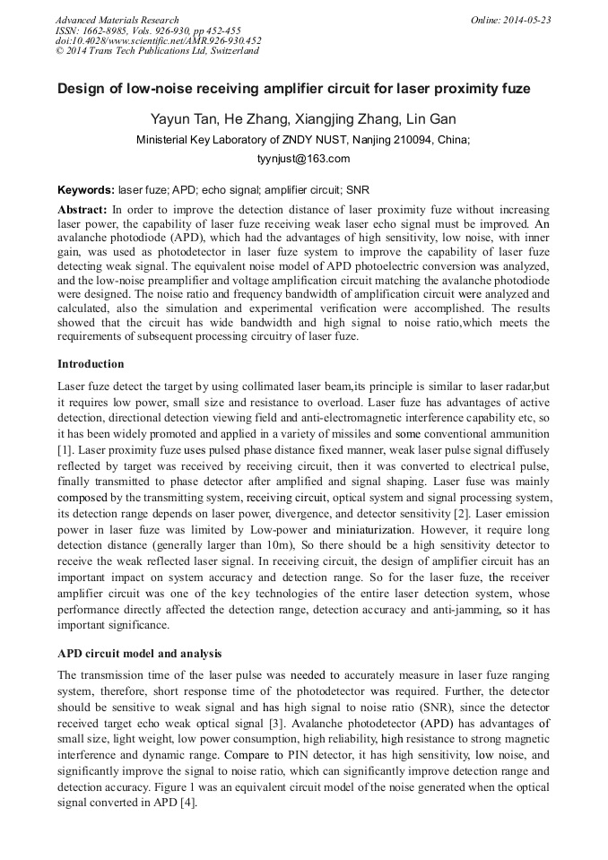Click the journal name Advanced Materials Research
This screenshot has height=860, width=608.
(x=117, y=20)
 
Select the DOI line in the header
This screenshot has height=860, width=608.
(x=159, y=40)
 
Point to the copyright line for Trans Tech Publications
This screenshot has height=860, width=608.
(x=157, y=51)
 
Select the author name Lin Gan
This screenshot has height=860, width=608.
(x=431, y=119)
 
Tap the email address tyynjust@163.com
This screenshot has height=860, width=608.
(x=303, y=159)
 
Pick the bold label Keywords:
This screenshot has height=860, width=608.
(x=86, y=190)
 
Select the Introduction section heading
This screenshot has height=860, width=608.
(x=91, y=364)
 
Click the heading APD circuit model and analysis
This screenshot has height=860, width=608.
(x=139, y=653)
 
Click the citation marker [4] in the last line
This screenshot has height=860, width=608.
(x=186, y=803)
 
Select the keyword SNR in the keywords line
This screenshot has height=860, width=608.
(x=357, y=190)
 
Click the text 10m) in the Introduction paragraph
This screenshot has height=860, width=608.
(x=278, y=544)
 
